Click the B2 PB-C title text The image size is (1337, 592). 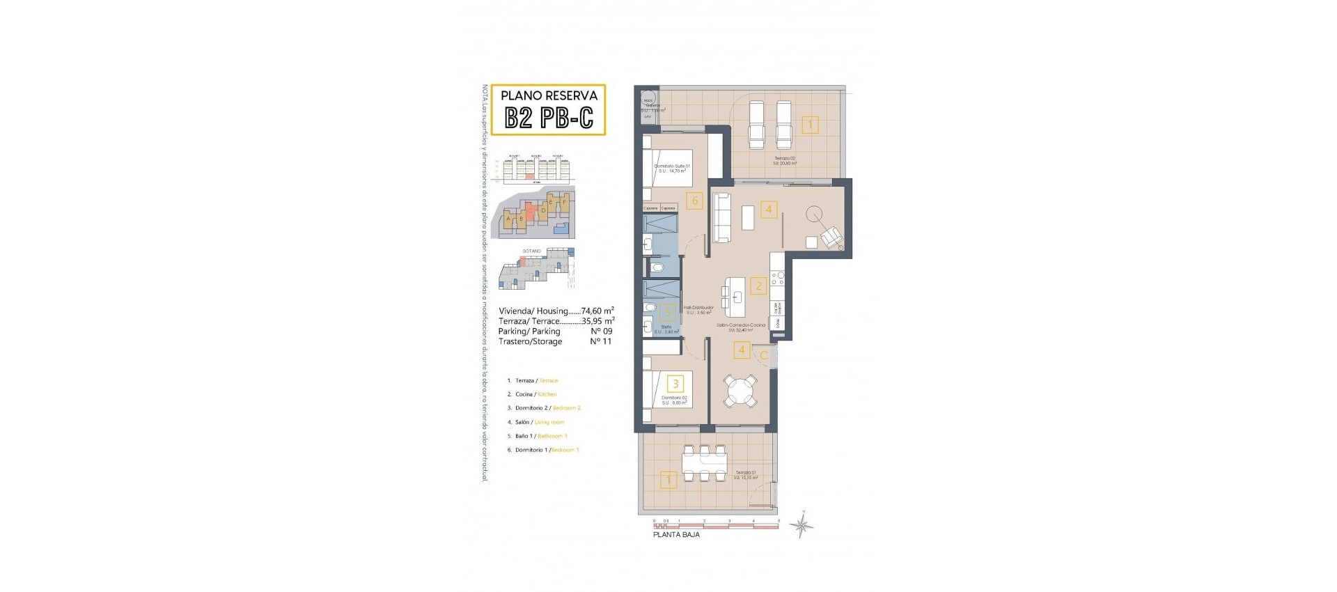(549, 118)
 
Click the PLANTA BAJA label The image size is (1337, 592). (676, 535)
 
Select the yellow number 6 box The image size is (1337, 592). (694, 201)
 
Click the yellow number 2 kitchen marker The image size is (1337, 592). (758, 285)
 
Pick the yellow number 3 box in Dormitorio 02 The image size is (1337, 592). (675, 383)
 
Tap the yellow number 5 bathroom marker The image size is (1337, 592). (667, 313)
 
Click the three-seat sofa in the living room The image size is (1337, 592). (720, 217)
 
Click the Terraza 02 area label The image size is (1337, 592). (784, 160)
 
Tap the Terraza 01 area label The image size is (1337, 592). (744, 474)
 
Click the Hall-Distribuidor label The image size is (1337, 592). (698, 309)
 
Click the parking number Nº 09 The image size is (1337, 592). (601, 332)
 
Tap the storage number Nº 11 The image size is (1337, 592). (601, 342)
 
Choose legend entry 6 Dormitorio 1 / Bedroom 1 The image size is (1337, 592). (546, 450)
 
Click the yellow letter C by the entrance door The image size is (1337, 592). (764, 356)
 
